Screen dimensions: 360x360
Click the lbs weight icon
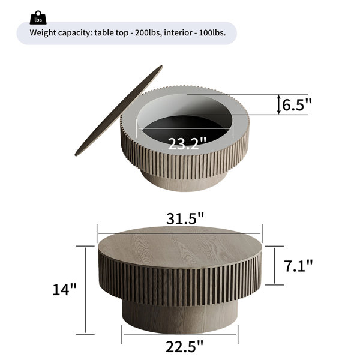[x=38, y=17]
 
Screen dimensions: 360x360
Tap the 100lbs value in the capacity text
[x=212, y=32]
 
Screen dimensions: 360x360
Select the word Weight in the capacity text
[x=43, y=33]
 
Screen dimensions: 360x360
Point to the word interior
[x=178, y=32]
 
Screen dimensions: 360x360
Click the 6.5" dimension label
[x=296, y=104]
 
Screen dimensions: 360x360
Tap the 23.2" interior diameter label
[x=187, y=144]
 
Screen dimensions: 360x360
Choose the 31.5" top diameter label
[x=185, y=218]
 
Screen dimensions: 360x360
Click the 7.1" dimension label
[x=298, y=266]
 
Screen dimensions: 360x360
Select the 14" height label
[x=64, y=289]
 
